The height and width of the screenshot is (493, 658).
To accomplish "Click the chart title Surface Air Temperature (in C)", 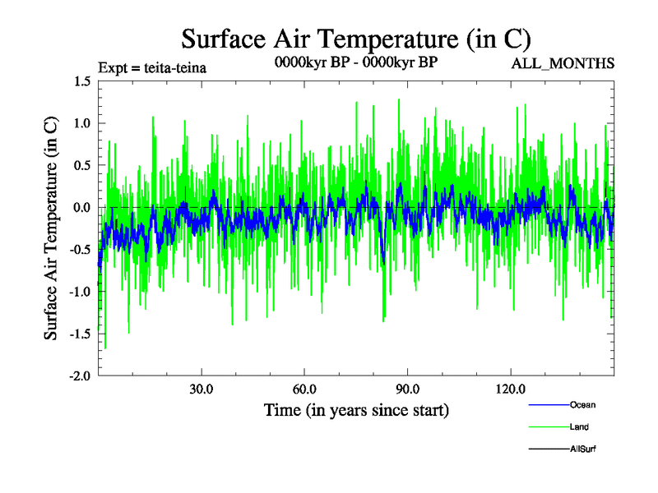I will point(356,39).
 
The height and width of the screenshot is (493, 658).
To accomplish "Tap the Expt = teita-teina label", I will point(151,67).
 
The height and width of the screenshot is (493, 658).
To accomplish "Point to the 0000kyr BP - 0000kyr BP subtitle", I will point(355,62).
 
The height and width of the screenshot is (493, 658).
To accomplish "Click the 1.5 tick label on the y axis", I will point(81,81).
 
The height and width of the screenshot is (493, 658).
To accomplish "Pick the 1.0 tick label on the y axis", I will point(81,123).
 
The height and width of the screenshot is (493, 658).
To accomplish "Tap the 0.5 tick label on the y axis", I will point(81,165).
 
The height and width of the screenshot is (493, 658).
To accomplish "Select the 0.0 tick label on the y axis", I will point(81,207).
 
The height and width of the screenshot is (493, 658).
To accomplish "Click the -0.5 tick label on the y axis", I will point(80,249).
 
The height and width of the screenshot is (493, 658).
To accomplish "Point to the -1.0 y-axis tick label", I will point(80,291).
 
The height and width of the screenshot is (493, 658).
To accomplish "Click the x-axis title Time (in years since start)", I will point(356,409).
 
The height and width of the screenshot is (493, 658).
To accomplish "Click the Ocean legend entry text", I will point(582,405).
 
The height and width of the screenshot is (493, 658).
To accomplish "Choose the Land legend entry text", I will point(579,427).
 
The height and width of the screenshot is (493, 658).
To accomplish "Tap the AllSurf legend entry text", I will point(584,449).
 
